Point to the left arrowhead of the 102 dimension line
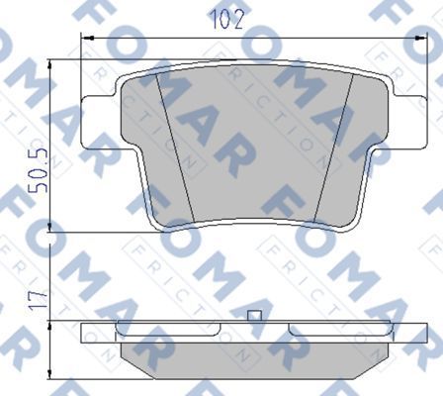[x=84, y=38]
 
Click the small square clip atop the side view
[x=254, y=316]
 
